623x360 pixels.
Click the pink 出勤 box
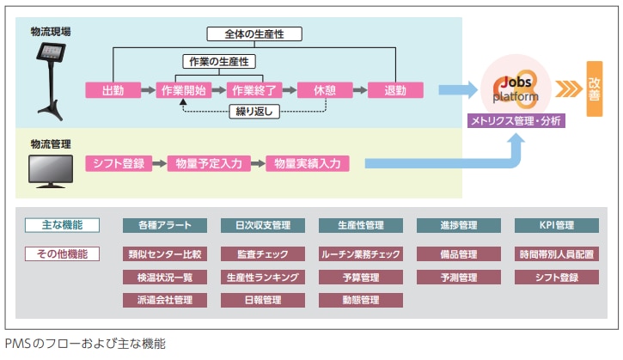point(113,90)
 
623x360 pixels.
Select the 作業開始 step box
point(183,90)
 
